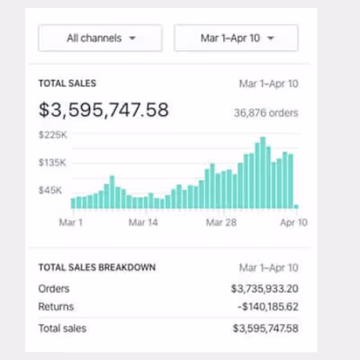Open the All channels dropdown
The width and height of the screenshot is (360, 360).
pyautogui.click(x=100, y=39)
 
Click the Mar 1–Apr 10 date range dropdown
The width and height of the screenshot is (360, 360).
pyautogui.click(x=236, y=39)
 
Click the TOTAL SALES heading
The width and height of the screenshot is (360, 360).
pyautogui.click(x=67, y=84)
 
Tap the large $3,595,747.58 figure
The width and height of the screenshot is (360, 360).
pyautogui.click(x=103, y=111)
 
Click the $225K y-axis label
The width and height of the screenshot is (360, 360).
pyautogui.click(x=52, y=135)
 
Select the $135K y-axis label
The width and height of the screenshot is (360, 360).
pyautogui.click(x=52, y=163)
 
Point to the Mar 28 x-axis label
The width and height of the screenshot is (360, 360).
pyautogui.click(x=220, y=221)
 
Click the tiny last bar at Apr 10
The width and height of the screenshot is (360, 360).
pyautogui.click(x=295, y=206)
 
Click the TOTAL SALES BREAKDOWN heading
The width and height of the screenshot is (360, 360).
pyautogui.click(x=97, y=267)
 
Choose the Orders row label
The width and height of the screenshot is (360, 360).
pyautogui.click(x=53, y=289)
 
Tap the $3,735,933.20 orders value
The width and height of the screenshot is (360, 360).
pyautogui.click(x=265, y=289)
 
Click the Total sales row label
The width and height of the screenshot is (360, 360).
pyautogui.click(x=63, y=328)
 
